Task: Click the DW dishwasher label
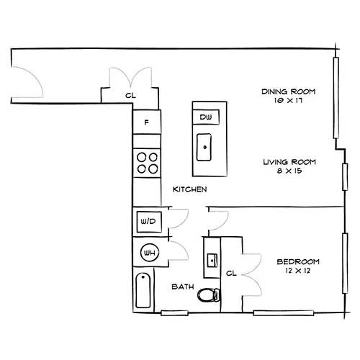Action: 206,117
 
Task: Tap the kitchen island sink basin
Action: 204,147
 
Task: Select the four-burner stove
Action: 147,163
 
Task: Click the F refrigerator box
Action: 147,122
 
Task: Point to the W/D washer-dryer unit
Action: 149,222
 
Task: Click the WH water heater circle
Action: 150,253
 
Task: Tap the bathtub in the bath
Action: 143,290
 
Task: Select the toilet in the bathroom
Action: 209,295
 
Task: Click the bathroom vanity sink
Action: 212,260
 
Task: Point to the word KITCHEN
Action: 189,189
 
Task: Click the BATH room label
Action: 183,287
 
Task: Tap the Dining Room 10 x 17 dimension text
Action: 288,101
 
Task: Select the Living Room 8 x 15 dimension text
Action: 289,171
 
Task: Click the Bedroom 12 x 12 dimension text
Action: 298,271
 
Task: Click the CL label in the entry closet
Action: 130,96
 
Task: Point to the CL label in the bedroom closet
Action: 231,273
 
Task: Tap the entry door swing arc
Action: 38,77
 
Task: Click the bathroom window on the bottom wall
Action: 174,313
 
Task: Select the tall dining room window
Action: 336,98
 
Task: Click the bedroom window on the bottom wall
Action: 284,313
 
